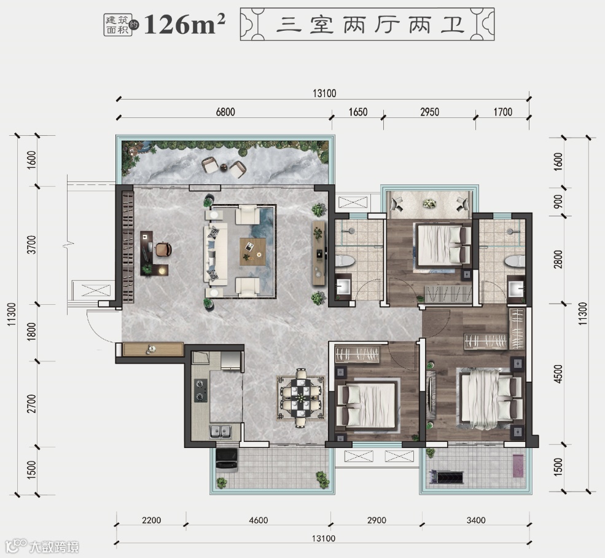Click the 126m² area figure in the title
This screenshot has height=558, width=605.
tap(184, 25)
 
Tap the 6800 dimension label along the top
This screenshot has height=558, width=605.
tap(225, 112)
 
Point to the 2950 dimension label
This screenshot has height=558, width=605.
tap(429, 112)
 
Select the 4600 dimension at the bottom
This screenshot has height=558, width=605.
tap(258, 520)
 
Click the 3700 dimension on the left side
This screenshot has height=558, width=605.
tap(32, 245)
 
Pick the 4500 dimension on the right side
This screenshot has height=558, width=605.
tap(558, 374)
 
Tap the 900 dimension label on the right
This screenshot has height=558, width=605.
tap(558, 201)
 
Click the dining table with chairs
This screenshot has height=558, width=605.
tap(300, 398)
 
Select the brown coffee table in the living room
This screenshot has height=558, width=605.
tap(252, 251)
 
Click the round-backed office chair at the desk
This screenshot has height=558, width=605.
tap(163, 249)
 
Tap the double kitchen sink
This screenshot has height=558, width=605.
tap(221, 432)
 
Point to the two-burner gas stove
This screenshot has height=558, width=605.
tap(200, 390)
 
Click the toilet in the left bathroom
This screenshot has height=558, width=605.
tap(345, 261)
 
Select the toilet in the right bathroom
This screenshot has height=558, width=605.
tap(514, 261)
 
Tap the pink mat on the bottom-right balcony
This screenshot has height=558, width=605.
tap(518, 465)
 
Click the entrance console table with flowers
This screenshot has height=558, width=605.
tap(153, 349)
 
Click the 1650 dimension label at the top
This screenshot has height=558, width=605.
tap(358, 112)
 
